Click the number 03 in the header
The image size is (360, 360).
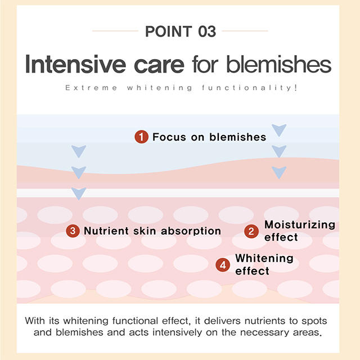click(204, 31)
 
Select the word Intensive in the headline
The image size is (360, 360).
click(74, 65)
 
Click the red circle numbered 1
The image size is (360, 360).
click(141, 137)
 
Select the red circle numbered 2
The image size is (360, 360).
click(251, 231)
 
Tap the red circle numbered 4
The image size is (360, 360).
click(223, 264)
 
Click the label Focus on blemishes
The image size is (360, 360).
click(209, 137)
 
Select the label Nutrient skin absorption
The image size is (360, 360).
click(152, 231)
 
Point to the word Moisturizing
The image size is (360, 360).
click(300, 225)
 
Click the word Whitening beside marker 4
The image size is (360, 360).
click(264, 258)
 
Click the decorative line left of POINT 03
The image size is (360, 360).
click(115, 31)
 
